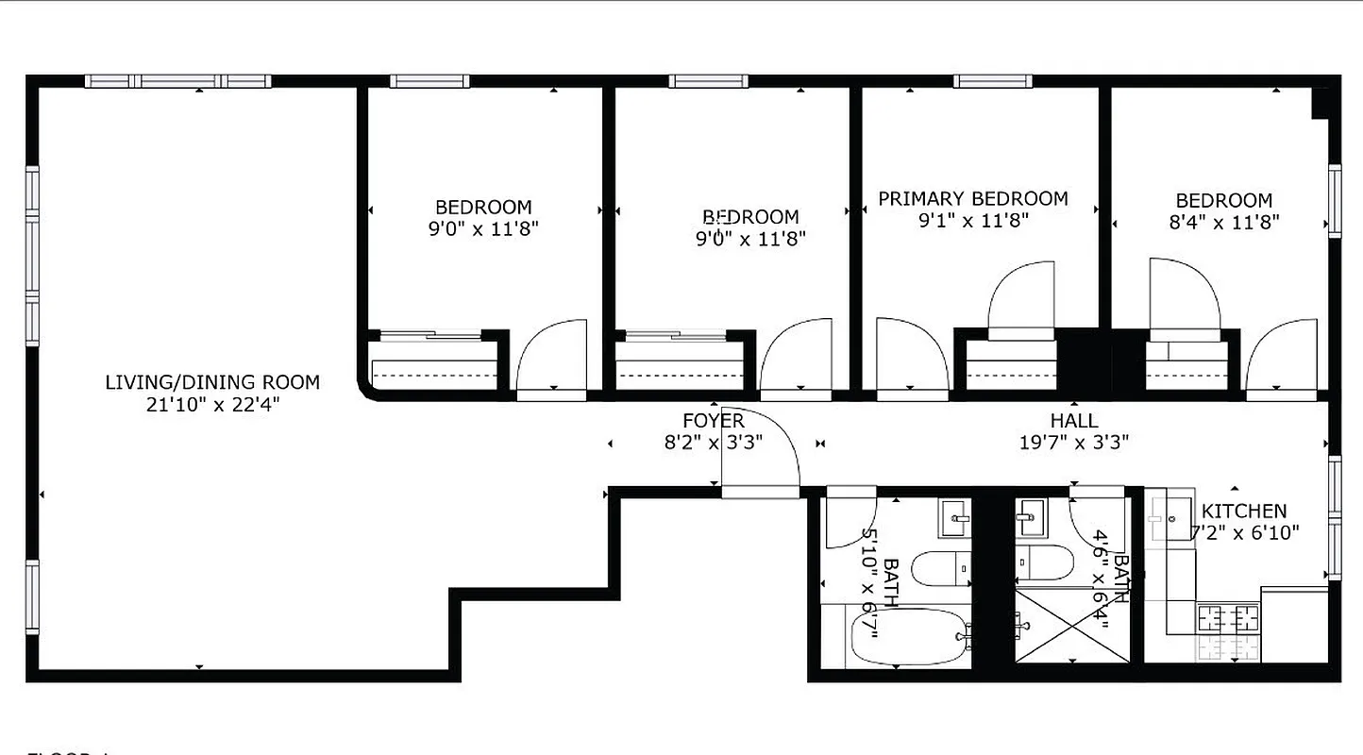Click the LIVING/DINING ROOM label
[x=212, y=382]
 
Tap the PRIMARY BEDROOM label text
[x=973, y=199]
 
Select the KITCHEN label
[x=1244, y=511]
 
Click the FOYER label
[x=714, y=421]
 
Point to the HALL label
[x=1074, y=421]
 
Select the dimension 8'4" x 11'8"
[x=1225, y=223]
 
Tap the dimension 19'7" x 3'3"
[x=1074, y=442]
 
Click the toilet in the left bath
[x=940, y=566]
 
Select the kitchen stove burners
[x=1229, y=619]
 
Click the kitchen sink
[x=1169, y=516]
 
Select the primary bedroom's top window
[x=992, y=81]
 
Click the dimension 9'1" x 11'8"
[x=973, y=221]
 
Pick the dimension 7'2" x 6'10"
[x=1244, y=532]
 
